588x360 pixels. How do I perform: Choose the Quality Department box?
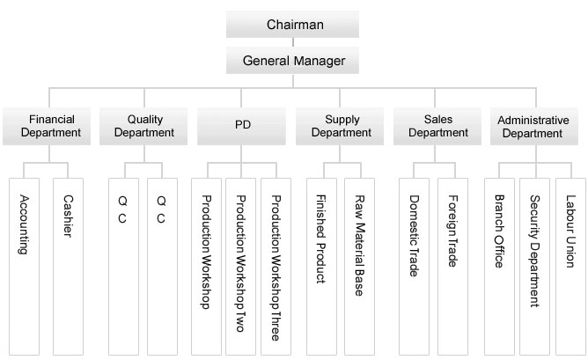tap(144, 126)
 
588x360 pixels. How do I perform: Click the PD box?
tap(242, 126)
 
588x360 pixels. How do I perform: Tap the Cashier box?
tap(68, 264)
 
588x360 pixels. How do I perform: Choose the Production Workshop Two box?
tap(241, 264)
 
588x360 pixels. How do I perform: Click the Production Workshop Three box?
tap(276, 264)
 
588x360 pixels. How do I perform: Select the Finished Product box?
tap(321, 264)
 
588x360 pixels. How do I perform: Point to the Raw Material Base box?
tap(359, 264)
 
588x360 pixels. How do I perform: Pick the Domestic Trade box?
tap(414, 264)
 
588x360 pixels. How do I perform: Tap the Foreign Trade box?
tap(454, 264)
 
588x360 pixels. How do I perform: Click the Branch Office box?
tap(499, 264)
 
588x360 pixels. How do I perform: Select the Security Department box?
tap(534, 264)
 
